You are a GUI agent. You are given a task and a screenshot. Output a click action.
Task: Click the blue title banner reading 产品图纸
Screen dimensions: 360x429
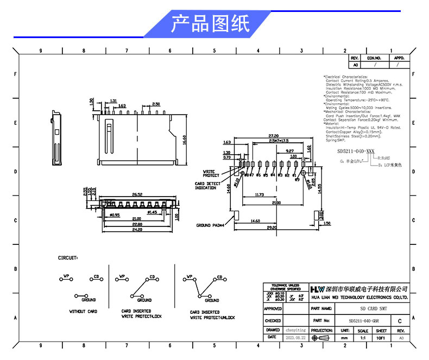coord(210,25)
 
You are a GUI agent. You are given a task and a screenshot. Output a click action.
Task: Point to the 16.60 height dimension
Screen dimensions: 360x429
coord(185,140)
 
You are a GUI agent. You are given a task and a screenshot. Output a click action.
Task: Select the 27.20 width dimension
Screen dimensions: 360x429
coord(273,136)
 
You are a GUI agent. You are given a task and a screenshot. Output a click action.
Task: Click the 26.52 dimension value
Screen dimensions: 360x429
coord(137,194)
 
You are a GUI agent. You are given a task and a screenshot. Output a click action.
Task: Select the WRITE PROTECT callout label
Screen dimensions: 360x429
coord(211,173)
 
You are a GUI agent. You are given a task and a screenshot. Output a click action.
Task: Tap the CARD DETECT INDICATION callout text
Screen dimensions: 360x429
coord(207,186)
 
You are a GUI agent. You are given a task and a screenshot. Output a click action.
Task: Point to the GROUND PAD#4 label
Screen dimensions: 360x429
coord(213,225)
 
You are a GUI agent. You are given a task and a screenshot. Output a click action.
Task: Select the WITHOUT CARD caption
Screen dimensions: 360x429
coord(83,311)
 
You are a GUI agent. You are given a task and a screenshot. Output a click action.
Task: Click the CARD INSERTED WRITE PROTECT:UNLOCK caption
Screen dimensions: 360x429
coord(212,315)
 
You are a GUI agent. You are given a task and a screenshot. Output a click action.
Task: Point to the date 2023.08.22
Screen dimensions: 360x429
coord(296,337)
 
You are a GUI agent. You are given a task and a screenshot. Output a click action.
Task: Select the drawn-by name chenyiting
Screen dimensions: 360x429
coord(296,330)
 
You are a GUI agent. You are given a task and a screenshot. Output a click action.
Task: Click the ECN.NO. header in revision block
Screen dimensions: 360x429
coord(374,58)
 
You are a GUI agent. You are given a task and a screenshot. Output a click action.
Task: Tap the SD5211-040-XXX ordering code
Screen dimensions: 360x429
coord(356,150)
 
